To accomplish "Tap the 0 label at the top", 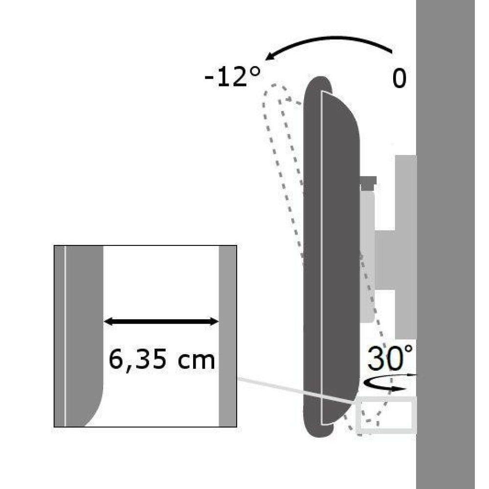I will [x=399, y=79].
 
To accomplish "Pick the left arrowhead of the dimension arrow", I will [x=109, y=321].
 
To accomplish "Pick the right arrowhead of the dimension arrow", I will [x=214, y=321].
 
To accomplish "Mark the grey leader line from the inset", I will [x=293, y=390].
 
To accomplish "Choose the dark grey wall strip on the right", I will [x=445, y=244].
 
